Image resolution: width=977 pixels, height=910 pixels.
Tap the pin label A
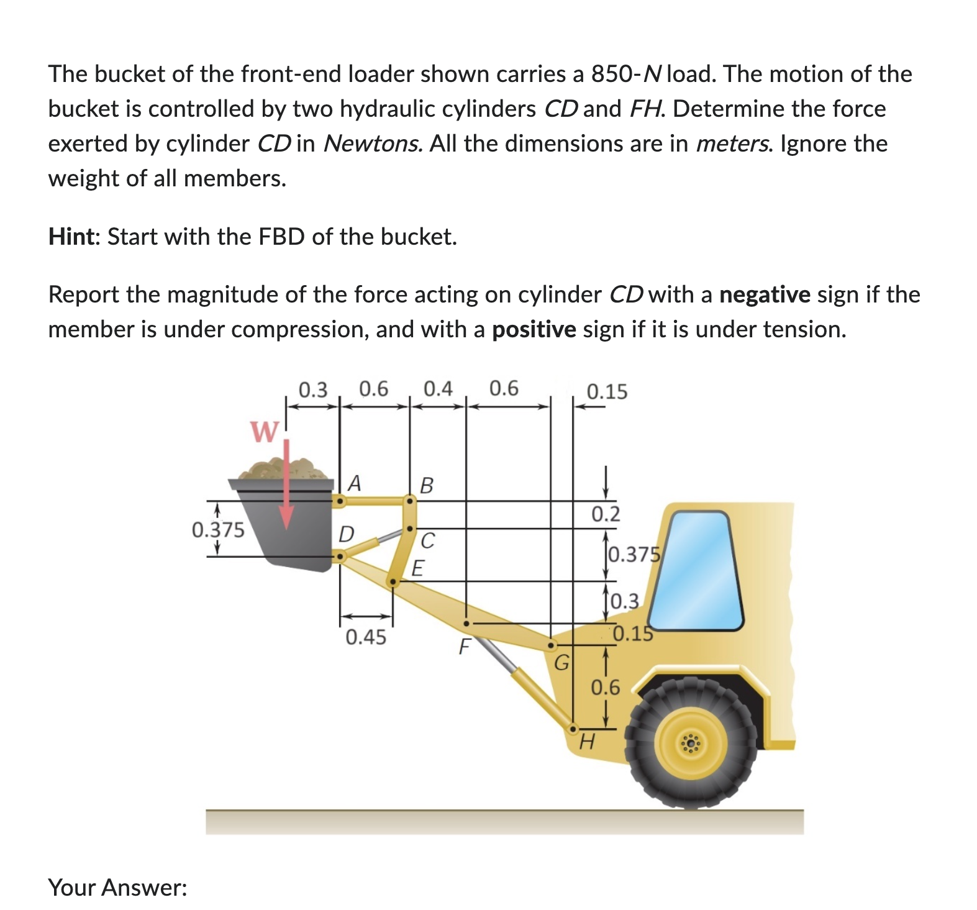pos(354,483)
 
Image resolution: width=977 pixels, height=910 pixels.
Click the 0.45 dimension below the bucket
pos(366,637)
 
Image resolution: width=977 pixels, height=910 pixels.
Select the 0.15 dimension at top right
pos(607,392)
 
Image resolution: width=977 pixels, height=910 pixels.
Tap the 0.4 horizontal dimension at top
pos(438,389)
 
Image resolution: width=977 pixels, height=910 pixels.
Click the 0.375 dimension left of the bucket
pos(218,530)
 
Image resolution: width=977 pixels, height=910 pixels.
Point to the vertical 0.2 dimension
pos(605,514)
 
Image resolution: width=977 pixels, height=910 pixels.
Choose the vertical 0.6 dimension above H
pos(605,687)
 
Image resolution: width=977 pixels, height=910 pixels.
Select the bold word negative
pos(765,294)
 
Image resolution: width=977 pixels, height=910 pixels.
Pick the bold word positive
pos(534,329)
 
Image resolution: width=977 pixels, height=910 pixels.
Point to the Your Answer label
pos(118,887)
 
